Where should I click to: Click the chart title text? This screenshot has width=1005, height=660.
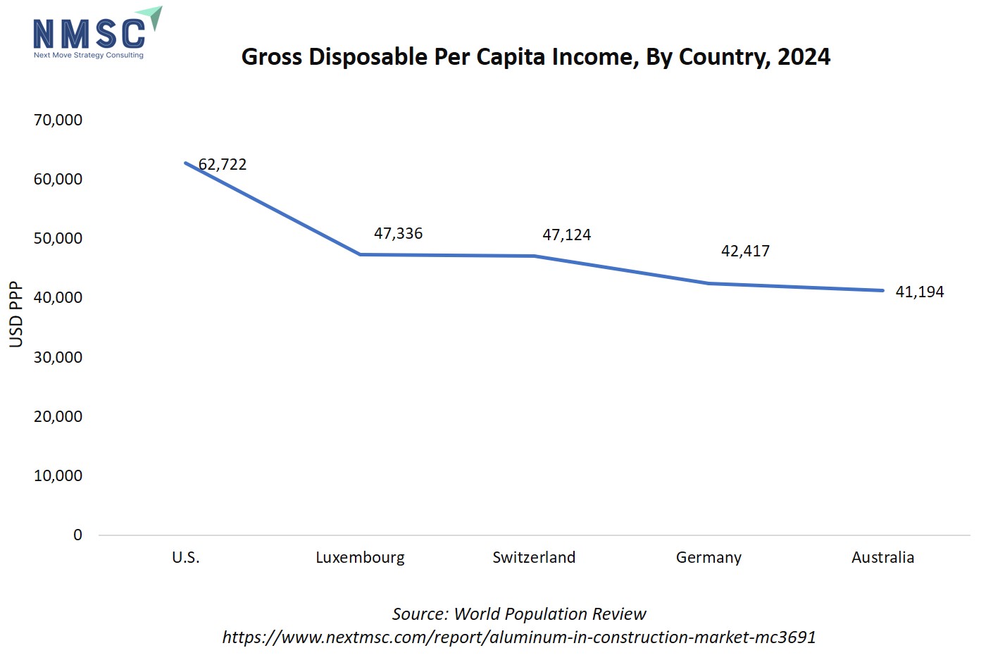tap(535, 57)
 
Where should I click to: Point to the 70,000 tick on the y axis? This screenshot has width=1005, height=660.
tap(58, 120)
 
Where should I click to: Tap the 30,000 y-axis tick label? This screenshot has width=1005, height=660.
tap(58, 357)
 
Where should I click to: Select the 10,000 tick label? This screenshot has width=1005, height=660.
tap(58, 475)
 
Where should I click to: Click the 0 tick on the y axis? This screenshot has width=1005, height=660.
tap(77, 535)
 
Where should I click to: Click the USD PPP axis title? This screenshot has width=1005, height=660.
tap(16, 314)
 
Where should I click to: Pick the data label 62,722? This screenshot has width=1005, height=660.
tap(223, 165)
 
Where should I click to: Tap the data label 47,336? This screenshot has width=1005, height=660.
tap(398, 234)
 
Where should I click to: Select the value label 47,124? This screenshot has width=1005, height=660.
tap(566, 235)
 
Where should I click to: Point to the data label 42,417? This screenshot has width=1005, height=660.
tap(745, 251)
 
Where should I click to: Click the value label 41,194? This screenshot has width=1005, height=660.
tap(919, 292)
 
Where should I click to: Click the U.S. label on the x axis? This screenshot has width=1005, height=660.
tap(186, 558)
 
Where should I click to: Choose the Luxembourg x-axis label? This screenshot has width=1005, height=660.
tap(360, 558)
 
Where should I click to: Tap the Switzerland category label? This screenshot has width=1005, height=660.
tap(534, 558)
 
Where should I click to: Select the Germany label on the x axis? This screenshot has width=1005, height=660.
tap(709, 558)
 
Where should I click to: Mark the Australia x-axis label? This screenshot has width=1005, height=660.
tap(882, 558)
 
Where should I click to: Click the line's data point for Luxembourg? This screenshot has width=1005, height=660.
tap(360, 254)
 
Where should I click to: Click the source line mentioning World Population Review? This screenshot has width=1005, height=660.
tap(519, 614)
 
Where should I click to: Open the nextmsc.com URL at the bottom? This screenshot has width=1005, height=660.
tap(519, 637)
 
